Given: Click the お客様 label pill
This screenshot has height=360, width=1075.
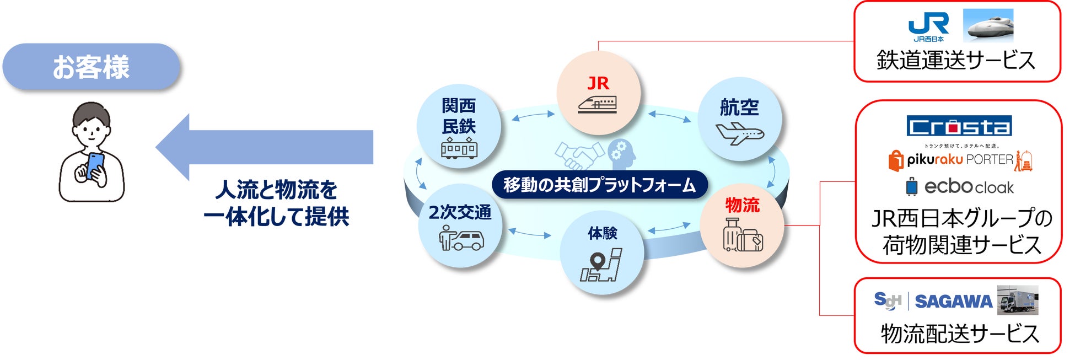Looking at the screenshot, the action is [x=92, y=67].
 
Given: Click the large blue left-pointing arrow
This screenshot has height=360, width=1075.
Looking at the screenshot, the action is [x=265, y=147].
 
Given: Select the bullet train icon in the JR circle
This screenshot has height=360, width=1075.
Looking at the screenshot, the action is [x=598, y=104].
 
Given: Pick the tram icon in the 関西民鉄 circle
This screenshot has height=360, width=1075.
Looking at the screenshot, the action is [x=459, y=148].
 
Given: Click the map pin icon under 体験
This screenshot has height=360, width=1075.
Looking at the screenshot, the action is [x=601, y=265].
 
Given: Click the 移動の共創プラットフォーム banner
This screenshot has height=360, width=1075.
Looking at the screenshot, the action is [x=599, y=185].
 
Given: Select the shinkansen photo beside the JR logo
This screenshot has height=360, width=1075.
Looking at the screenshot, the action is [x=988, y=25].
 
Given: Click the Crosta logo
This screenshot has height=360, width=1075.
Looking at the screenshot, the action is [x=959, y=126].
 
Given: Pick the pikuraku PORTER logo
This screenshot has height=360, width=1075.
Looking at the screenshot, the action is [x=960, y=159].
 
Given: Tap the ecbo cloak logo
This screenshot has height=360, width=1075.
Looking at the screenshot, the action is [x=960, y=187].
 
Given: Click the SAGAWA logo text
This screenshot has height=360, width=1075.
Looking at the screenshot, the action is [x=954, y=302].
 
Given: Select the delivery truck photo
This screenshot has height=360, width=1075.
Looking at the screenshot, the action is [x=1018, y=300].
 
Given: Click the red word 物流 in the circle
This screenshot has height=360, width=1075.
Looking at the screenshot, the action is [x=743, y=205].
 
